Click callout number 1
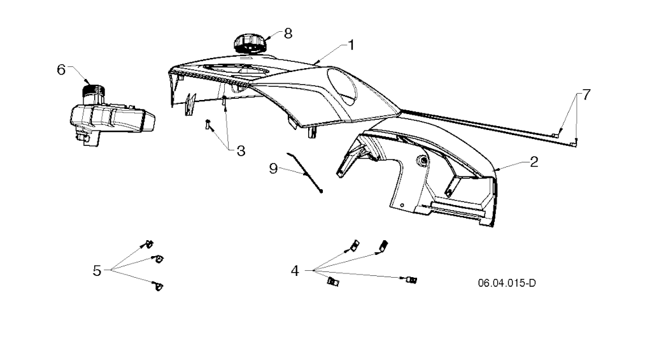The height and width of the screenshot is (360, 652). tap(351, 45)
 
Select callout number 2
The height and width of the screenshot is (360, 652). tap(534, 162)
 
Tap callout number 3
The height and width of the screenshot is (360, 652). tap(241, 151)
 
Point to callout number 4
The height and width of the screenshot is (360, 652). tap(295, 271)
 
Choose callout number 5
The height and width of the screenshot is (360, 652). tap(97, 271)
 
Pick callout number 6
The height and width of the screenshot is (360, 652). tap(61, 70)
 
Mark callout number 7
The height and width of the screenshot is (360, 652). tap(586, 96)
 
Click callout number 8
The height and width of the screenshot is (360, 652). tap(288, 33)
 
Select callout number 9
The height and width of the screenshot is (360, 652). tap(273, 169)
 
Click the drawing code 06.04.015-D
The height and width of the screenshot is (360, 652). tap(507, 283)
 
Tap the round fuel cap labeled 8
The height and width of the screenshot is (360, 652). tap(249, 44)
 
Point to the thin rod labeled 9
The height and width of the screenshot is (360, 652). tap(305, 173)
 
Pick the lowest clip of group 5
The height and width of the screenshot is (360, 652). tap(158, 286)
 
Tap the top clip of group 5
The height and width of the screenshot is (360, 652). tap(148, 244)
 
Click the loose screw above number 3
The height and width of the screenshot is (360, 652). tap(208, 124)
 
